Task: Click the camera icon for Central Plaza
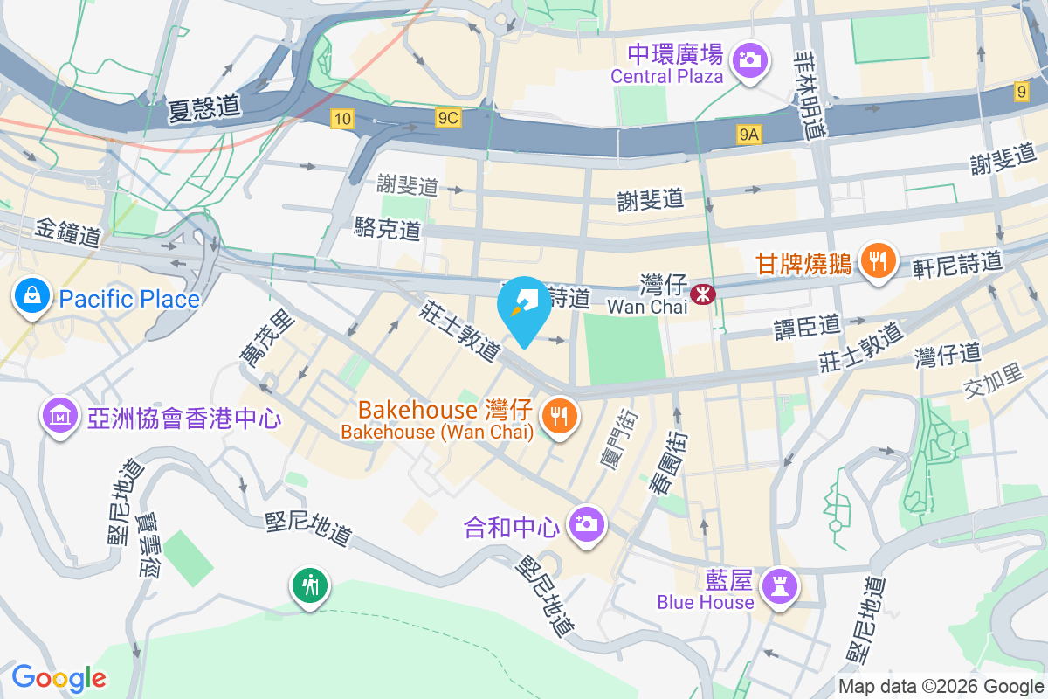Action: point(748,60)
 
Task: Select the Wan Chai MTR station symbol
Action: point(701,294)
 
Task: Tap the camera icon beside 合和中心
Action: point(586,524)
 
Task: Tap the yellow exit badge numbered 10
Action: point(342,118)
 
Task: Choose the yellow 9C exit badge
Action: point(448,117)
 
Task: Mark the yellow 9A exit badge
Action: point(749,134)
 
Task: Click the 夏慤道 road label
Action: point(205,107)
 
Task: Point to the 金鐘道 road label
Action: point(69,233)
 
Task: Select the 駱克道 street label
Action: point(387,229)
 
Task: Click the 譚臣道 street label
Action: point(808,326)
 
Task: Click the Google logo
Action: point(59,677)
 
